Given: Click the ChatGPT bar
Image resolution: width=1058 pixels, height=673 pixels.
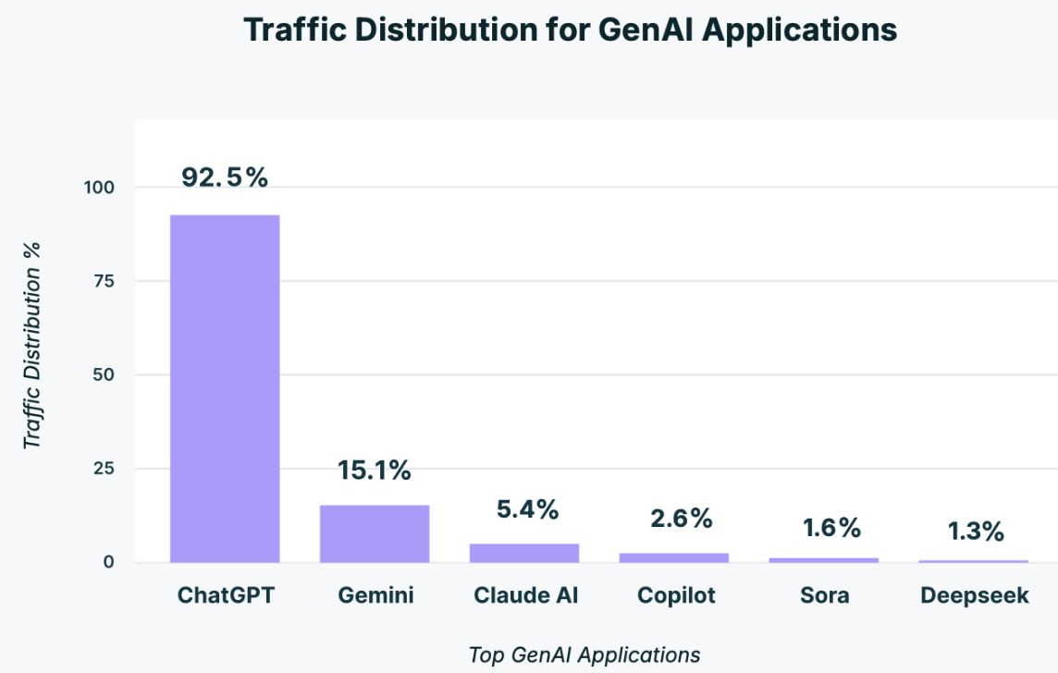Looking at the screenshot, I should pyautogui.click(x=225, y=388).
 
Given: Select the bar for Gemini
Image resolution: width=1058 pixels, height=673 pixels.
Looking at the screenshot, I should pyautogui.click(x=375, y=533).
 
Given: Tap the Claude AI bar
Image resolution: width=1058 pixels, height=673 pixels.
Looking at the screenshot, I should pyautogui.click(x=524, y=552).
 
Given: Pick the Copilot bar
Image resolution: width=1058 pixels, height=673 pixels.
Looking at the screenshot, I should pyautogui.click(x=674, y=557).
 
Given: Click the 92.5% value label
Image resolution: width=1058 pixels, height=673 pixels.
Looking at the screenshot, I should pyautogui.click(x=225, y=177).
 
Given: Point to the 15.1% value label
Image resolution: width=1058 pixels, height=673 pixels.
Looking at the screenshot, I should pyautogui.click(x=375, y=471).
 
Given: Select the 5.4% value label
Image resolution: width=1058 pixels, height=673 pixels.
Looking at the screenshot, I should pyautogui.click(x=524, y=509).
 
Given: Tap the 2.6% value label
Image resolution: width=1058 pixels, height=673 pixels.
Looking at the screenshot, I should pyautogui.click(x=681, y=519).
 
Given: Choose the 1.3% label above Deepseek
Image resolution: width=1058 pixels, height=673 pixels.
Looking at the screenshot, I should pyautogui.click(x=976, y=532).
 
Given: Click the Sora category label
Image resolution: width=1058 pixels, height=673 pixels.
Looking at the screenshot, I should pyautogui.click(x=824, y=595).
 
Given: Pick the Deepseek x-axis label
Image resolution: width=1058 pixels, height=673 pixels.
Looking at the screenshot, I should pyautogui.click(x=974, y=596).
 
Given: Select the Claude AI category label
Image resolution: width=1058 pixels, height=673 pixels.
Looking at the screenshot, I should pyautogui.click(x=525, y=595).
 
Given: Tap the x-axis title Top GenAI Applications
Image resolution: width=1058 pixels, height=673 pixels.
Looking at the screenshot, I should pyautogui.click(x=584, y=655).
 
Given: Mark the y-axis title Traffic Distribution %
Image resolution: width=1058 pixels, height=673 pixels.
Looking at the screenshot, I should pyautogui.click(x=34, y=345).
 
